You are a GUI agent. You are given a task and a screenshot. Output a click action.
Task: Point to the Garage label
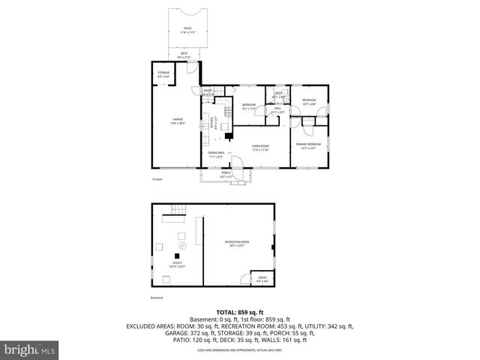pos(178,121)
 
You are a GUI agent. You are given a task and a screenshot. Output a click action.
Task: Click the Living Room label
pos(260,148)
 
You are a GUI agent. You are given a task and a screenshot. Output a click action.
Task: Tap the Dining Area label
pos(216,154)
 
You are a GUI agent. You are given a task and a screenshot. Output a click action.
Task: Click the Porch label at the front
pos(226,175)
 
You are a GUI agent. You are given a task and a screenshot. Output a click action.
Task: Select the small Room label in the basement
pos(262,279)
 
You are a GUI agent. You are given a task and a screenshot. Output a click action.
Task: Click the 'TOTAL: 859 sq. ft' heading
pos(239,311)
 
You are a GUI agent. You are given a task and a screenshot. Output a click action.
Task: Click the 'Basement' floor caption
pos(156,298)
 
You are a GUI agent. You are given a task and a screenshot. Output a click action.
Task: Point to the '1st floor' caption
pos(156,179)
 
